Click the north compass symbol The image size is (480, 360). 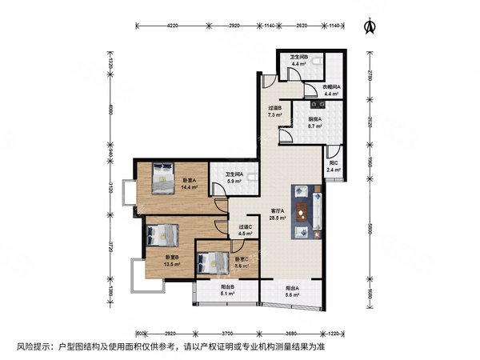click(x=369, y=26)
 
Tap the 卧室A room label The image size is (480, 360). click(x=189, y=181)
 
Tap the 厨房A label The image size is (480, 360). click(x=315, y=118)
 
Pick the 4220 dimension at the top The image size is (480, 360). click(x=172, y=26)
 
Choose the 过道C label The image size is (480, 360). click(x=245, y=226)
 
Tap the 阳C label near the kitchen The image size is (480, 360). click(x=334, y=162)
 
